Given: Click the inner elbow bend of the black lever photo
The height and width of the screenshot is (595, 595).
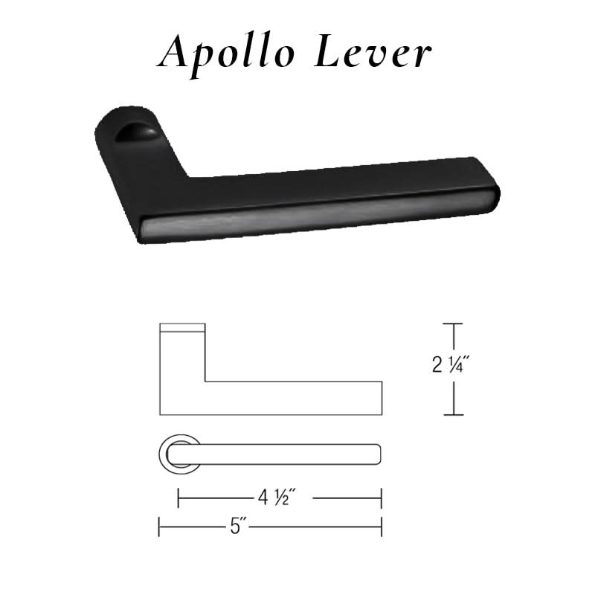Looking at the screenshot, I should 188,177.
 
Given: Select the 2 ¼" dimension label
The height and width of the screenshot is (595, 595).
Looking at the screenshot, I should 451,365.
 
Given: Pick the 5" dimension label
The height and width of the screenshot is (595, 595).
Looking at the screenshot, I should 237,527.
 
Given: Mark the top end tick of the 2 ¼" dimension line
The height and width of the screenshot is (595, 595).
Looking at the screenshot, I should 453,324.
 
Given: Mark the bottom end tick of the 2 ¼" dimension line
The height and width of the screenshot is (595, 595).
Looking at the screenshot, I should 453,414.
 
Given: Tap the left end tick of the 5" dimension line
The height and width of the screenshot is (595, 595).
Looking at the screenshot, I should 159,527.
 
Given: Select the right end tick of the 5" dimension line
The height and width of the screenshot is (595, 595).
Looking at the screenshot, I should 382,527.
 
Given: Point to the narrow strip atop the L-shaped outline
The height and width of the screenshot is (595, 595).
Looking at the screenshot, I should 182,328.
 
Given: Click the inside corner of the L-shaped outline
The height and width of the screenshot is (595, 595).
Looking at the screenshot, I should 205,382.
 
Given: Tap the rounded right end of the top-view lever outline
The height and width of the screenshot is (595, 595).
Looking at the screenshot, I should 379,453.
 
